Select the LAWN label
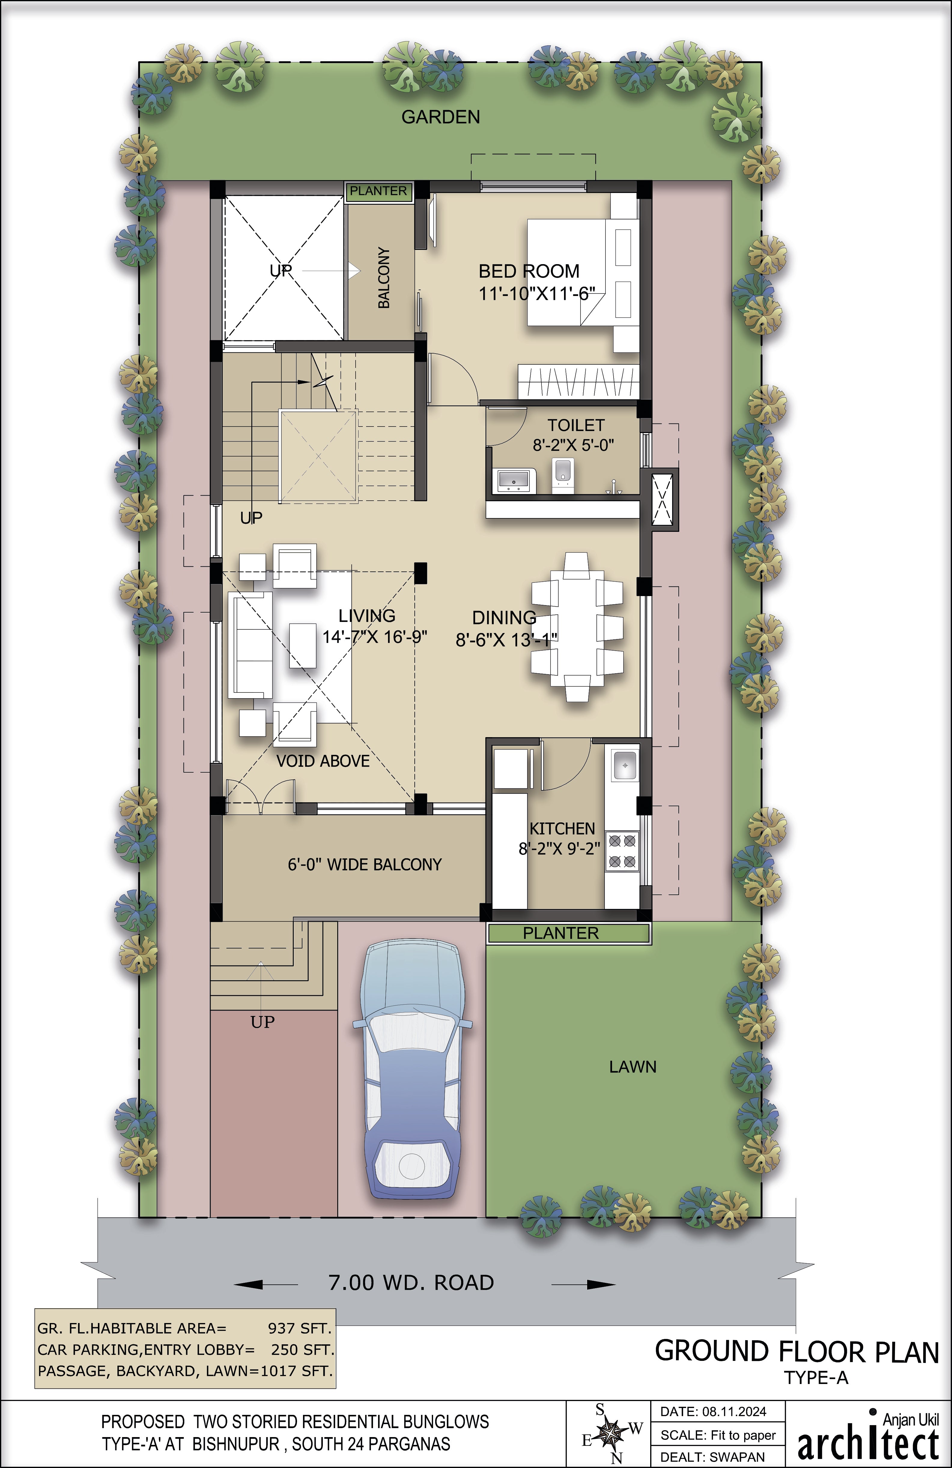(x=632, y=1066)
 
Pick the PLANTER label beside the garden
(x=378, y=191)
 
